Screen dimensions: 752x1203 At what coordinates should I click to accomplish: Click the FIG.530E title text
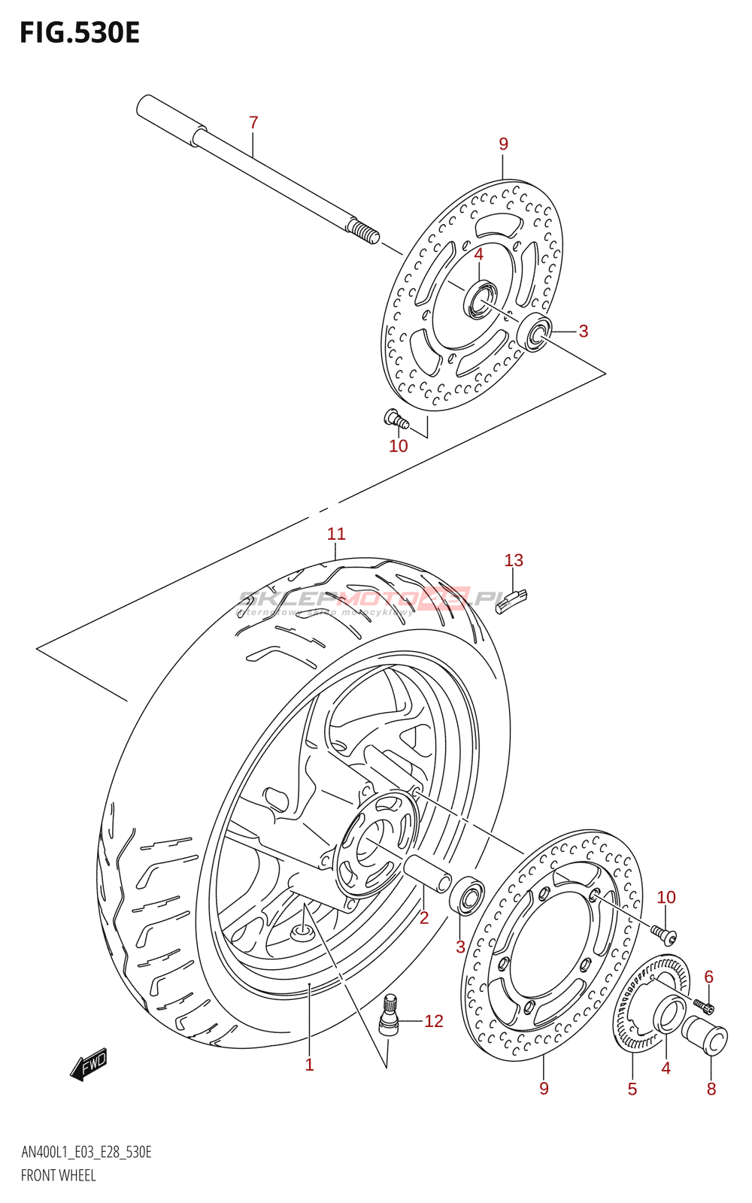coord(80,33)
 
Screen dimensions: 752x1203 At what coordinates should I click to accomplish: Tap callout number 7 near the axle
coord(253,123)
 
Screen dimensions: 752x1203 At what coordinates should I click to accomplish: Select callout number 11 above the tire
coord(336,534)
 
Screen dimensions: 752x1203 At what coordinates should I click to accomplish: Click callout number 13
coord(514,560)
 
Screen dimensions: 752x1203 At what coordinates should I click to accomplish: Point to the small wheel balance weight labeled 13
coord(511,601)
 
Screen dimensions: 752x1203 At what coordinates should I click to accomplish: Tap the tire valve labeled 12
coord(389,1016)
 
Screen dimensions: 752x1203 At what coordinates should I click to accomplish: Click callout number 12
coord(434,1021)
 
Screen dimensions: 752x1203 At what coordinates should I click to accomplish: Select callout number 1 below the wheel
coord(309,1065)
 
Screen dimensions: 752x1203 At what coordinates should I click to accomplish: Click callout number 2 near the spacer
coord(424,917)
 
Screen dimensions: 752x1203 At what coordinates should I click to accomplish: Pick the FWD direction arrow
coord(89,1064)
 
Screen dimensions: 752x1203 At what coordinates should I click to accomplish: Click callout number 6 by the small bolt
coord(708,977)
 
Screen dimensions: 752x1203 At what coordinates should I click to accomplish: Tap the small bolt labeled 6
coord(704,1005)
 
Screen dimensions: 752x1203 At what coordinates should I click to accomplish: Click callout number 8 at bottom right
coord(711,1089)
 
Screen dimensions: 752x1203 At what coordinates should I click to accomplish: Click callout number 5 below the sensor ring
coord(632,1089)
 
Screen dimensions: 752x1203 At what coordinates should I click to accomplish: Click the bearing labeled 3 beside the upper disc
coord(535,332)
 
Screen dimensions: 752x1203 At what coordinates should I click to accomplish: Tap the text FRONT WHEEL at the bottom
coord(59,1175)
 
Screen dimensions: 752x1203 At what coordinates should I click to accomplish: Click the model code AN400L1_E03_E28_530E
coord(86,1153)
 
